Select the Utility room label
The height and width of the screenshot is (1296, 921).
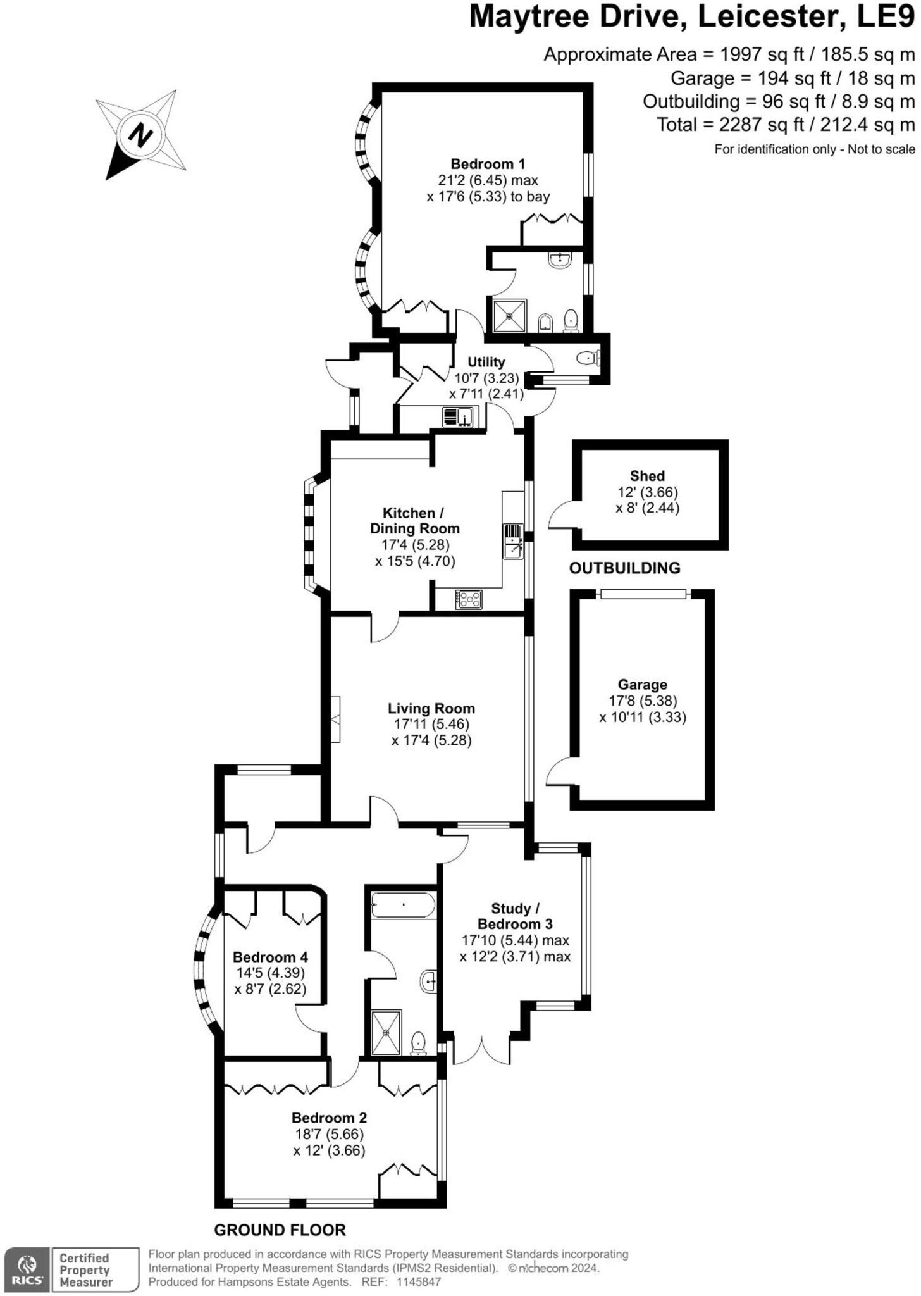tap(486, 362)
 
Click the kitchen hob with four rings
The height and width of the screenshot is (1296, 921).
tap(468, 599)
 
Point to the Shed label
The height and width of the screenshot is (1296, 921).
tap(647, 476)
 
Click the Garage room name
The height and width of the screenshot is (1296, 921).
tap(642, 685)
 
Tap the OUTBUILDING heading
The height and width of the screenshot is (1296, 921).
tap(624, 568)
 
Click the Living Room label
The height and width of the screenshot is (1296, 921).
tap(431, 709)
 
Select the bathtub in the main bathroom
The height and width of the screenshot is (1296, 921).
tap(403, 905)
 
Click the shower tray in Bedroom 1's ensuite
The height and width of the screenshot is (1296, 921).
tap(509, 315)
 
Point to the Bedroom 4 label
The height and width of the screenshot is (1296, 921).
tap(269, 957)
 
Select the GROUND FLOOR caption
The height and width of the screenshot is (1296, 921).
tap(280, 1231)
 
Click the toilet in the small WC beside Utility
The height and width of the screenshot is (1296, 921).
tap(588, 359)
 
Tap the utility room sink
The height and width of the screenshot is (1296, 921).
tap(464, 417)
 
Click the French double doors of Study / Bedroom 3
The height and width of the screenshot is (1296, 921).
tap(482, 1050)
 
